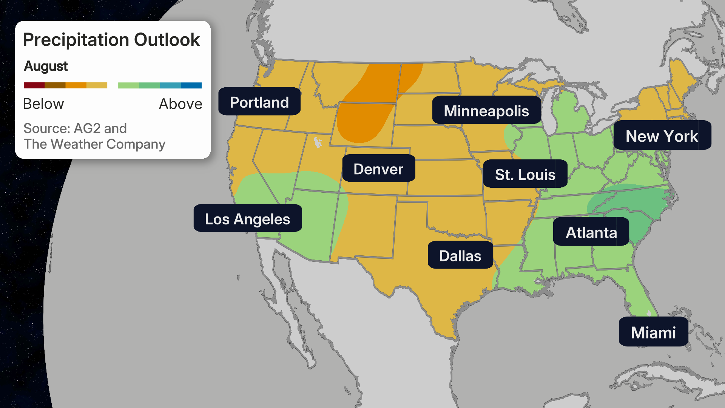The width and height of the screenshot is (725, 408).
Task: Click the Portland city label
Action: [x=259, y=102]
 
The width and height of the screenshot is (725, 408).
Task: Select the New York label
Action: [x=662, y=136]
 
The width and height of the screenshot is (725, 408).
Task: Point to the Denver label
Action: [x=378, y=169]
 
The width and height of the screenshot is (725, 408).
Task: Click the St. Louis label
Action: [x=525, y=174]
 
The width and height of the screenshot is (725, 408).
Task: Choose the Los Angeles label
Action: [x=247, y=219]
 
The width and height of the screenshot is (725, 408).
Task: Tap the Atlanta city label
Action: [x=591, y=232]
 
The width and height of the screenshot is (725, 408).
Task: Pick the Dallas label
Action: [x=460, y=256]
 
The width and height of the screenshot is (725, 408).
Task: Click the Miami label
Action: [x=653, y=332]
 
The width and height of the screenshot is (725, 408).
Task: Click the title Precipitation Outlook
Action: [x=111, y=40]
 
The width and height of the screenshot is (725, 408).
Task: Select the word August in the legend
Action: [x=46, y=66]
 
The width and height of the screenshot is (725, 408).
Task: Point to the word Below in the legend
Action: [x=43, y=104]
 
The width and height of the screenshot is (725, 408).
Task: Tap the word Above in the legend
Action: [x=180, y=104]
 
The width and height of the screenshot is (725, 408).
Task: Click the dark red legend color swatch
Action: [x=34, y=85]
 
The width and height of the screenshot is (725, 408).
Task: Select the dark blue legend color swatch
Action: [x=191, y=85]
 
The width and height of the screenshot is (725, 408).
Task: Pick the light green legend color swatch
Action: [x=128, y=85]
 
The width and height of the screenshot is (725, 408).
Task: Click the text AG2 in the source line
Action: [x=87, y=128]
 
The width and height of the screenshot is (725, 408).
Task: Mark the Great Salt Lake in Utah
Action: [x=318, y=142]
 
